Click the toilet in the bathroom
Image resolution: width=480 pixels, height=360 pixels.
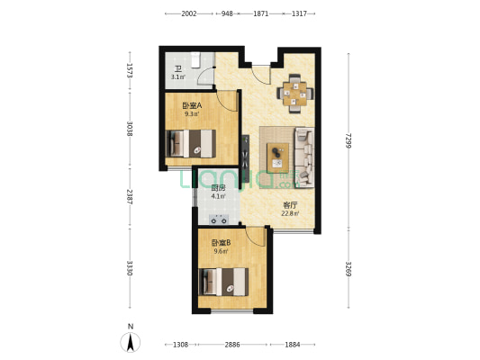point(195,59)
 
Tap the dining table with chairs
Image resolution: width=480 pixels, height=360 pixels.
point(295,94)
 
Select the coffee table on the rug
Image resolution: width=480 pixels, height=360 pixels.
point(277,157)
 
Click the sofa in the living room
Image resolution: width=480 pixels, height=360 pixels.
point(304,157)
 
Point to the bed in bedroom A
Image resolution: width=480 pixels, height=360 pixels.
point(190,143)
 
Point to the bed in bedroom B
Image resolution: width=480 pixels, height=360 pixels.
point(223,282)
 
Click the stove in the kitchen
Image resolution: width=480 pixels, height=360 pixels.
point(219,220)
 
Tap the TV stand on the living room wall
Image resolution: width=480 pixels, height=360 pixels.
point(245,158)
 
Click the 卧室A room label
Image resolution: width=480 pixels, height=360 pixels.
point(192,106)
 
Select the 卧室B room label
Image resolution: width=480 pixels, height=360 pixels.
point(221,243)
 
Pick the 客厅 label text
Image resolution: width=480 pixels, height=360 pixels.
point(290,205)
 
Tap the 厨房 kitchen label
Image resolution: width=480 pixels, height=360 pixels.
point(218,188)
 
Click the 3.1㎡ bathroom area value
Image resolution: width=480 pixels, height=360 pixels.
point(177,77)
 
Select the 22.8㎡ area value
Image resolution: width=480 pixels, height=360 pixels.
point(290,213)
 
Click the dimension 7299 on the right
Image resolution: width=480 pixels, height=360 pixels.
point(348,141)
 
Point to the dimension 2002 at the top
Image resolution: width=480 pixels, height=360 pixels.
point(189,13)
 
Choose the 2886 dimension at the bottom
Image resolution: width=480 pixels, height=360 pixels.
point(232,345)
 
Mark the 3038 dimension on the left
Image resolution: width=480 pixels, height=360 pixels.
point(130,129)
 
